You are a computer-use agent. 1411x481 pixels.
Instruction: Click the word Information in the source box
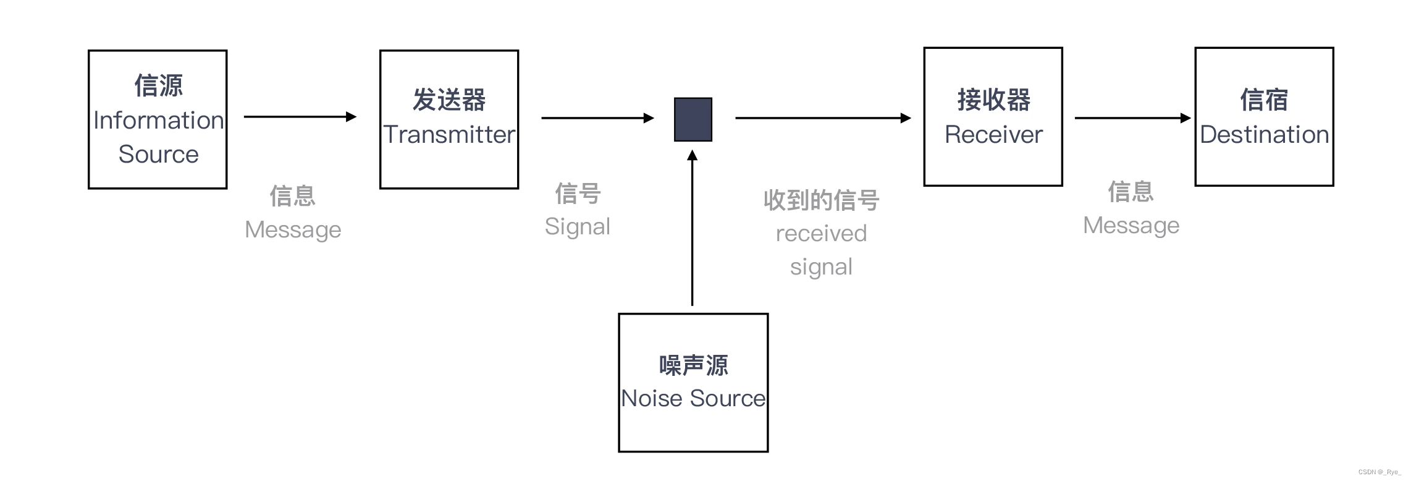coord(158,120)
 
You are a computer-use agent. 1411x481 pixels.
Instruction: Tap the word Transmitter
coord(449,134)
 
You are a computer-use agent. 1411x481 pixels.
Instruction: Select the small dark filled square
coord(693,119)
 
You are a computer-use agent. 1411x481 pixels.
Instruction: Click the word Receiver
coord(993,134)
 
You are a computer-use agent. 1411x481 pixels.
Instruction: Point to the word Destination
coord(1264,134)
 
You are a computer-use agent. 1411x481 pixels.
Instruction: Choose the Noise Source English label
coord(693,398)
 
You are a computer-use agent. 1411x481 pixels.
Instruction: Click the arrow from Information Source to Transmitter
coord(300,116)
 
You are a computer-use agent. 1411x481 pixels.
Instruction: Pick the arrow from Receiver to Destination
coord(1132,117)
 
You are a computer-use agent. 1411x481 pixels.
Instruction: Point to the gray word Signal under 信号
coord(577,226)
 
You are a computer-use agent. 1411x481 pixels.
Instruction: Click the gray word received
coord(821,233)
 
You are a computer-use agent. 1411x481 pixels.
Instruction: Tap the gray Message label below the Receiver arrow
coord(1131,225)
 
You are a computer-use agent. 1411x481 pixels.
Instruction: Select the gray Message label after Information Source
coord(293,229)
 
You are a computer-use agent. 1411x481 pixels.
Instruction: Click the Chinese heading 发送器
coord(449,100)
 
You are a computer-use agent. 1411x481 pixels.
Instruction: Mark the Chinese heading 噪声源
coord(693,365)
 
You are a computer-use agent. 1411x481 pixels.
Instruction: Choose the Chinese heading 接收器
coord(993,100)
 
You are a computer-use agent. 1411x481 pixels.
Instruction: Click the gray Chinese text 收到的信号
coord(821,200)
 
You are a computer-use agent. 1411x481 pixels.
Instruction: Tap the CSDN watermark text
coord(1379,472)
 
